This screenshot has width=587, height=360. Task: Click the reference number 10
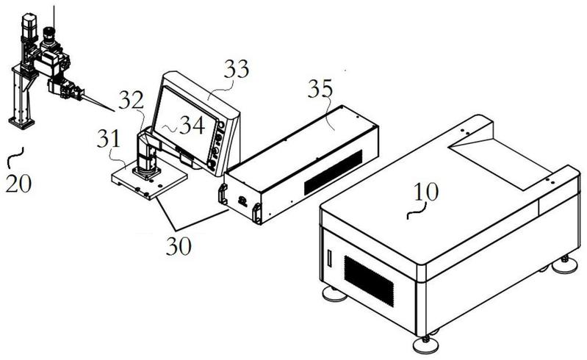pos(426,192)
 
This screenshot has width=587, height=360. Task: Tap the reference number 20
pos(18,184)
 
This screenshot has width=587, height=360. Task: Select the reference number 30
pos(179,247)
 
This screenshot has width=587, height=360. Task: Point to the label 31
pos(109,139)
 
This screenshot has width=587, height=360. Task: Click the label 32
pos(131,100)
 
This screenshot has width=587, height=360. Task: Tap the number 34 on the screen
pos(192,125)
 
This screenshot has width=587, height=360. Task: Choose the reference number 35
pos(320,89)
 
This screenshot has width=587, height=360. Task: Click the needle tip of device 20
pos(113,111)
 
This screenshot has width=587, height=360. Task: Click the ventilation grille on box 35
pos(333,173)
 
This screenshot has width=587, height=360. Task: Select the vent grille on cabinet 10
pos(369,281)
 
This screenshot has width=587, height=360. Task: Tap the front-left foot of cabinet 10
pos(335,294)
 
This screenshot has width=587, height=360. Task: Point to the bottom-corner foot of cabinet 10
pos(425,345)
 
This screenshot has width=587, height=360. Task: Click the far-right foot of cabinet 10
pos(565,265)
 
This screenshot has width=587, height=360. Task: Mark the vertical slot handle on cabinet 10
pos(329,258)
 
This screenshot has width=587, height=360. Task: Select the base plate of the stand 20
pos(22,123)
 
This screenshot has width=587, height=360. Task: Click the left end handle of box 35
pos(223,195)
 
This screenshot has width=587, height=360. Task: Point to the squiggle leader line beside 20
pos(15,157)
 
